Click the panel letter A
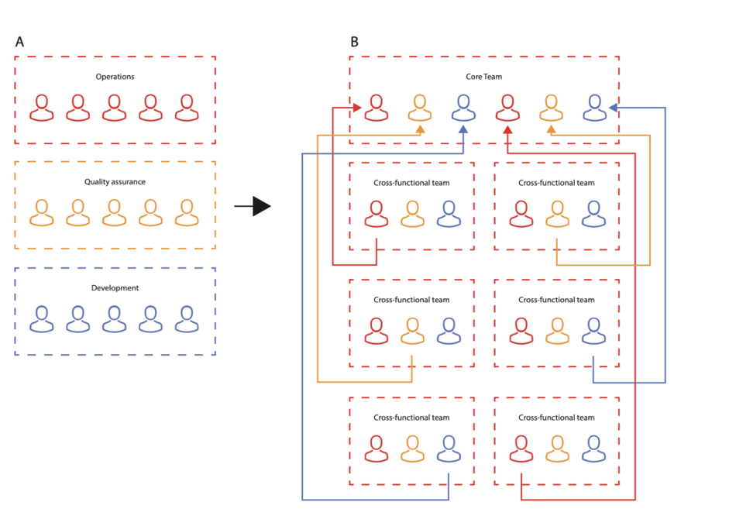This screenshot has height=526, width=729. [19, 42]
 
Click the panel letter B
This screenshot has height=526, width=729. [354, 42]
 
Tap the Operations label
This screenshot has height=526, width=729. [115, 77]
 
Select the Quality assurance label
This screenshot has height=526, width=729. [115, 182]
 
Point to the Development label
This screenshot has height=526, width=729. [115, 288]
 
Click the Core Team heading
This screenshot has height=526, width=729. [483, 77]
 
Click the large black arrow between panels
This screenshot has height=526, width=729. [253, 206]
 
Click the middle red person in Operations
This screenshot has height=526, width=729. [115, 108]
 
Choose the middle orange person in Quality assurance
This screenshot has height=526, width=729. [115, 213]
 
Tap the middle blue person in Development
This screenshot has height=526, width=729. [115, 318]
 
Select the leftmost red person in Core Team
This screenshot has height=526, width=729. [377, 108]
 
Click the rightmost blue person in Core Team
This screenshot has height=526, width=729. [594, 108]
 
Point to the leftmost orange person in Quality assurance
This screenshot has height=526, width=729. [42, 213]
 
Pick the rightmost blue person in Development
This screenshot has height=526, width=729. [187, 318]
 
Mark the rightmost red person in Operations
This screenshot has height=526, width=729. [187, 108]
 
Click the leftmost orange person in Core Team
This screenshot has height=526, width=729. [420, 108]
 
